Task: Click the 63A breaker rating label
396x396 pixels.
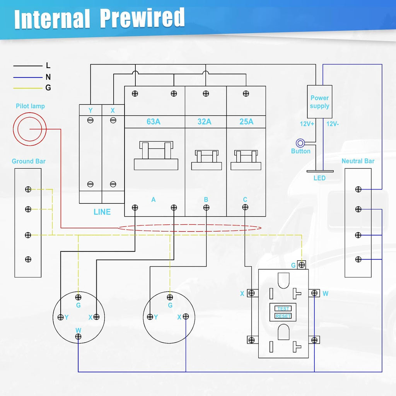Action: [x=154, y=122]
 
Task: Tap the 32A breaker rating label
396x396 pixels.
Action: [x=204, y=122]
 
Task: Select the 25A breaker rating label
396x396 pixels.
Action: [x=246, y=122]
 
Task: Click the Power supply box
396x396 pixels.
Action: [x=319, y=102]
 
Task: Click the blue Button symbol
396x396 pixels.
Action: [x=300, y=143]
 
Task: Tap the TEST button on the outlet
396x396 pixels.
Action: [x=283, y=309]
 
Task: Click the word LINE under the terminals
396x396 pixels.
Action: [x=102, y=212]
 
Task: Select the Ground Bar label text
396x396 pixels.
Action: [x=29, y=161]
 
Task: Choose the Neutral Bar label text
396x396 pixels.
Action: [x=358, y=161]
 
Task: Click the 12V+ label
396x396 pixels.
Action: [x=307, y=124]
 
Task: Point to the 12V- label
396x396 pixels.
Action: [x=332, y=124]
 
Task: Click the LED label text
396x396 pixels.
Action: [x=319, y=178]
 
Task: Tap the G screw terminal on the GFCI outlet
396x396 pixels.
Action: [x=302, y=265]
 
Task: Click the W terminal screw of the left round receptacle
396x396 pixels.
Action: [x=78, y=336]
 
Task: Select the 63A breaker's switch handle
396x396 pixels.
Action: [x=156, y=155]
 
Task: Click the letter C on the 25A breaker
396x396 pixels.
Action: [x=245, y=200]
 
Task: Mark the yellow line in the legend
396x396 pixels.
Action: [x=28, y=89]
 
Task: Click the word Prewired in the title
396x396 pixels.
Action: [x=142, y=18]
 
